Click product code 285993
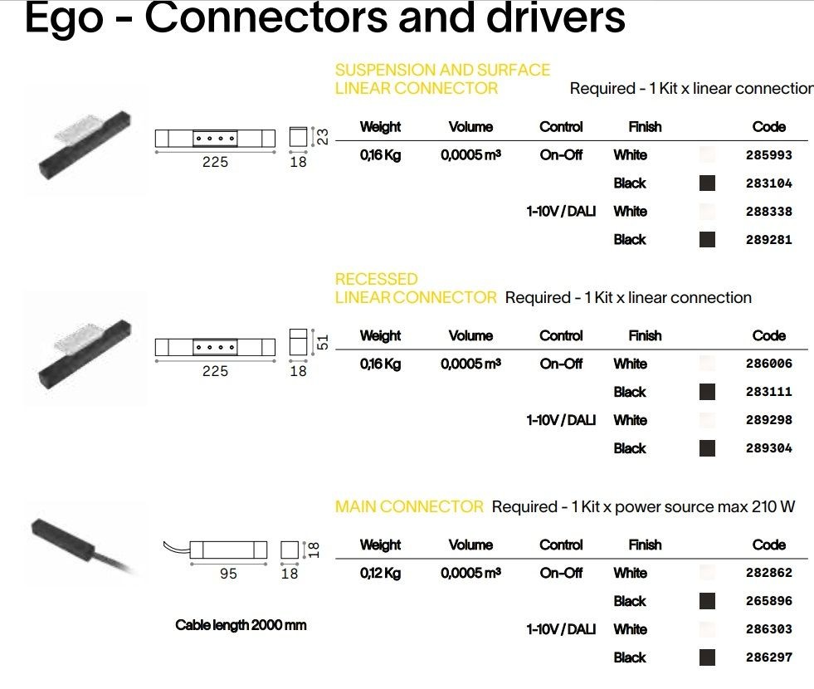(769, 154)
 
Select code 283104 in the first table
(769, 183)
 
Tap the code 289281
(769, 239)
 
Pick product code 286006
(769, 364)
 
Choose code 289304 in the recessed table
(769, 448)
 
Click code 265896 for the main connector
(769, 601)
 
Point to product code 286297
(769, 657)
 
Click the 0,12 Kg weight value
(380, 574)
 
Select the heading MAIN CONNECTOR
(409, 506)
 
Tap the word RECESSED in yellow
(377, 279)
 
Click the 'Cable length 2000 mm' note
(241, 624)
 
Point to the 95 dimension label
(228, 574)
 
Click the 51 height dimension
(323, 342)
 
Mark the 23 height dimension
(323, 136)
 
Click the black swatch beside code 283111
(707, 392)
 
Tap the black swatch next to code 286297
(707, 657)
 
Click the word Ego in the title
(65, 19)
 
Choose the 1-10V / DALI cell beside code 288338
(561, 212)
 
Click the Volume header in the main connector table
(470, 545)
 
